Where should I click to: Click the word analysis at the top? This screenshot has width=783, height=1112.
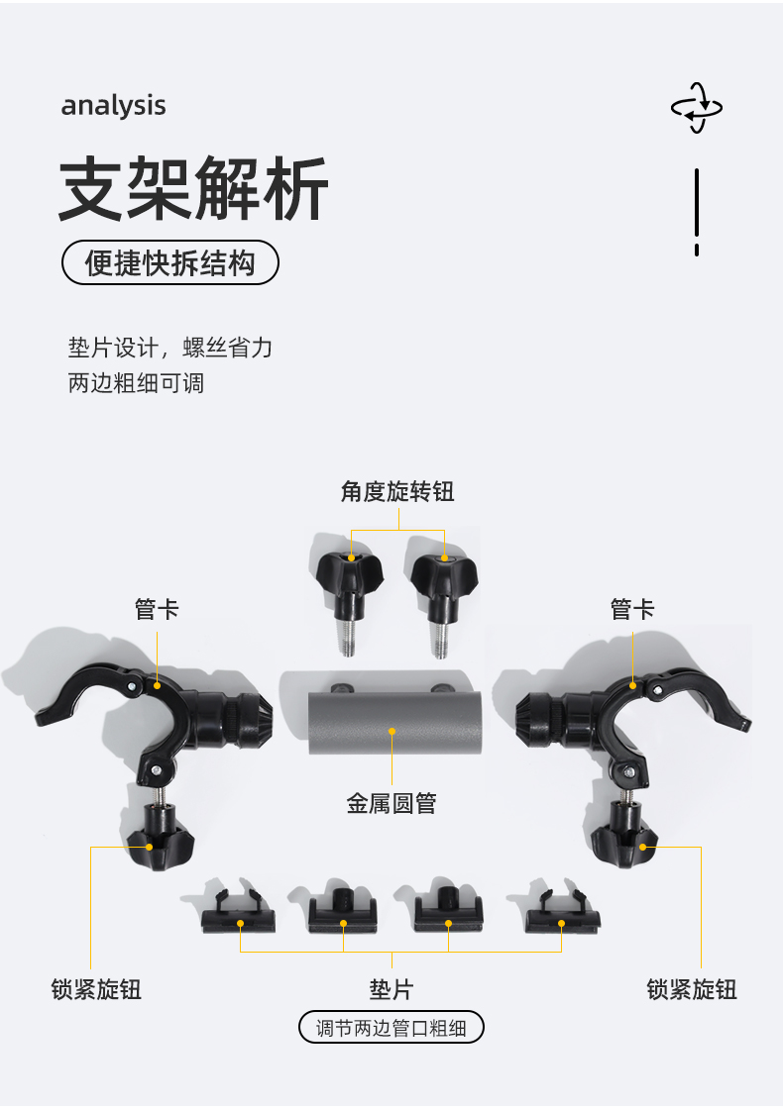113,106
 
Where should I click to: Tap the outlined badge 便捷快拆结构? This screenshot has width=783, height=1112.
170,263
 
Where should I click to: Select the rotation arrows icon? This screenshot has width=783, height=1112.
697,107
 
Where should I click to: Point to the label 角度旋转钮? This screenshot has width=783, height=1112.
397,491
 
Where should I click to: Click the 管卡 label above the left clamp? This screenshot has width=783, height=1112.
157,609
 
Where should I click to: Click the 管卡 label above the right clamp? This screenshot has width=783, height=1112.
632,609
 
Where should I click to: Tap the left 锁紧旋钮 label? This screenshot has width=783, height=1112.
96,988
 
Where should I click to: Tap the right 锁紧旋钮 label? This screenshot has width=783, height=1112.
692,988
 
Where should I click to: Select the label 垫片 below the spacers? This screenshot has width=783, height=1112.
391,988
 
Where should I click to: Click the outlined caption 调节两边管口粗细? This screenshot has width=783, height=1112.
391,1028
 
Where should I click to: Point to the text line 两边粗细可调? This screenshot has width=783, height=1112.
136,383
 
